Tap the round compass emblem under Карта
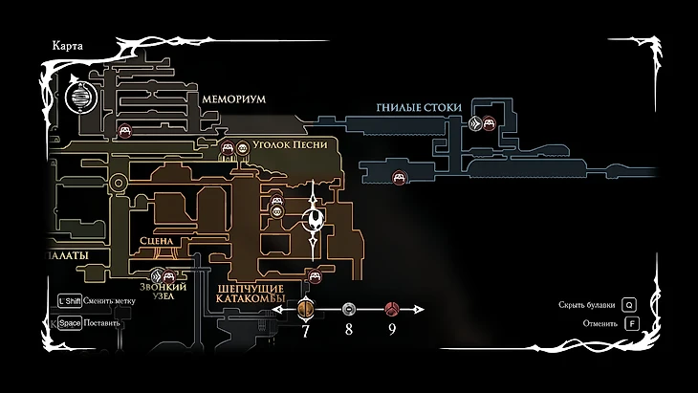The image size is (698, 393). coord(81,96)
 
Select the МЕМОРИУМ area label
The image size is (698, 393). coord(232,99)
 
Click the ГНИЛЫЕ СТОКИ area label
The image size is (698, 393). coord(418,107)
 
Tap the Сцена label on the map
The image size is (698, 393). coord(156,241)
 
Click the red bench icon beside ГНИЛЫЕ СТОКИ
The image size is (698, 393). coord(489,122)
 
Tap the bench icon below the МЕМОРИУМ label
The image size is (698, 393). coord(124,131)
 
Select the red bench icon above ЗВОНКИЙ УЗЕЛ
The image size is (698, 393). coord(169,277)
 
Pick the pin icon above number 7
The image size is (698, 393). coord(306,309)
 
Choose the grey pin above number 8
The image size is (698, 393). coord(349,310)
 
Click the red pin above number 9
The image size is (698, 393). coord(391,309)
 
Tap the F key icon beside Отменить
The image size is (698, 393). coord(631,323)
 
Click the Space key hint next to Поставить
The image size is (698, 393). coord(68,322)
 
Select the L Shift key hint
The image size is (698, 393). coord(68,299)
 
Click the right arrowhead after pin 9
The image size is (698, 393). coord(418,310)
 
